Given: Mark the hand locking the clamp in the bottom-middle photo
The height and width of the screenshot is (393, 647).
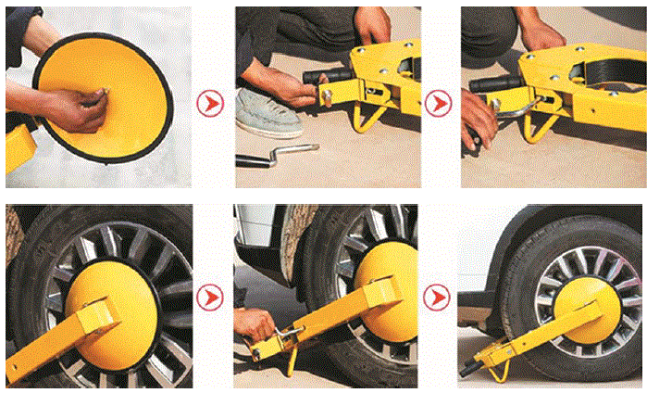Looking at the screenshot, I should click(255, 324).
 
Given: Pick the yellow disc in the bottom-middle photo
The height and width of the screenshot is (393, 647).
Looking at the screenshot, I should click(389, 278).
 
